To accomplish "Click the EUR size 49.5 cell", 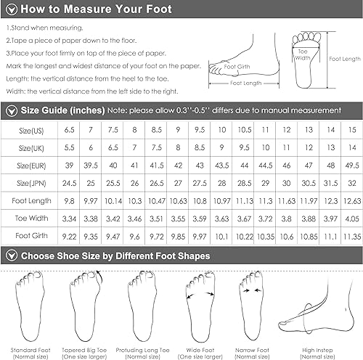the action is pos(352,165).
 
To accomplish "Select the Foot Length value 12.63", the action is pos(352,201).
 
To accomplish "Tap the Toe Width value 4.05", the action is pos(352,218).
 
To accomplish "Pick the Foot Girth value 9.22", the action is pos(69,237).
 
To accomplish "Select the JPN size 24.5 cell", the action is pos(69,183).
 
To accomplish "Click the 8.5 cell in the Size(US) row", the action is pos(157,130).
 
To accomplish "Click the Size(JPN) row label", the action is pos(31,183).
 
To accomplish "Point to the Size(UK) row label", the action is pos(31,148).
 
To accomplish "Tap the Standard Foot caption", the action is pos(30,353).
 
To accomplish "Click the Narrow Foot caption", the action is pos(252,353).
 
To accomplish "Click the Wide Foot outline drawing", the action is pos(200,307).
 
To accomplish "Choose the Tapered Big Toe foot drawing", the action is pos(85,306).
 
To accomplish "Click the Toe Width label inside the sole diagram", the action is pos(303,54).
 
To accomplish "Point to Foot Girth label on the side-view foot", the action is pos(237,67).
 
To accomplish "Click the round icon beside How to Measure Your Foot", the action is pos(12,9).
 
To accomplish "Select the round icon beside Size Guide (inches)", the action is pos(12,111).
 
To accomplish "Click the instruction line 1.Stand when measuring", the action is pos(45,28).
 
